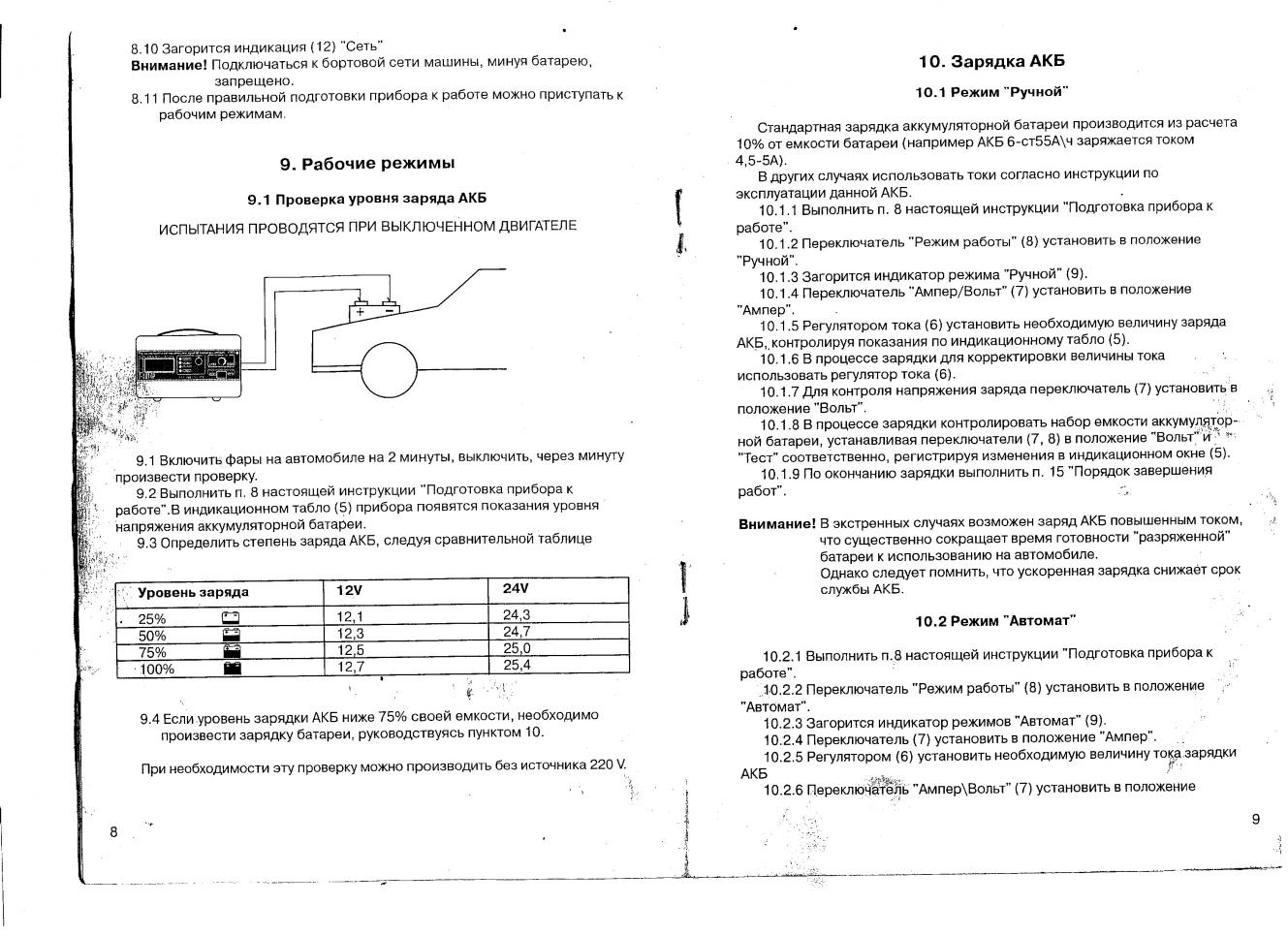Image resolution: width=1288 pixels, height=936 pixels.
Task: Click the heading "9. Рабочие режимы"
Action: click(x=367, y=164)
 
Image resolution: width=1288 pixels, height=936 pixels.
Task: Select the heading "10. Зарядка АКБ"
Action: click(x=991, y=61)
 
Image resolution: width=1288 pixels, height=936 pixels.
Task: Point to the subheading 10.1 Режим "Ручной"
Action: click(x=991, y=92)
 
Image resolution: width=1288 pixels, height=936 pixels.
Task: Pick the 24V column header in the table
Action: click(x=516, y=589)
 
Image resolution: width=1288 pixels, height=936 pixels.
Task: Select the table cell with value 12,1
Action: click(x=350, y=617)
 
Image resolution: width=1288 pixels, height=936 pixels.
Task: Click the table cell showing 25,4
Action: click(x=517, y=666)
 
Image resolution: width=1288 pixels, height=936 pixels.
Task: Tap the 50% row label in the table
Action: click(x=152, y=636)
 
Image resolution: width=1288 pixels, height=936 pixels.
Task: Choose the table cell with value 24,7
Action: click(x=517, y=632)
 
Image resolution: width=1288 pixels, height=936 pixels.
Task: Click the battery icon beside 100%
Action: click(x=232, y=669)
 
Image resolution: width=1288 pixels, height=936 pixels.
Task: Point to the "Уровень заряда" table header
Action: click(x=193, y=592)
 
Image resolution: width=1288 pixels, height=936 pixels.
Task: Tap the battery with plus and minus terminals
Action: click(x=374, y=310)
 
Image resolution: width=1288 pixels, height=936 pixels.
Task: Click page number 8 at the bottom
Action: click(x=113, y=831)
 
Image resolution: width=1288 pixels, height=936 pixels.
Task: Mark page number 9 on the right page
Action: click(x=1256, y=820)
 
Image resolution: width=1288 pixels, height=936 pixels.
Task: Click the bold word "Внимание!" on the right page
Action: click(x=776, y=523)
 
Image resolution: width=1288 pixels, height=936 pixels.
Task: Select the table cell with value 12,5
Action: click(x=350, y=650)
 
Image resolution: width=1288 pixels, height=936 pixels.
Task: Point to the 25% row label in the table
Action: click(x=152, y=620)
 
